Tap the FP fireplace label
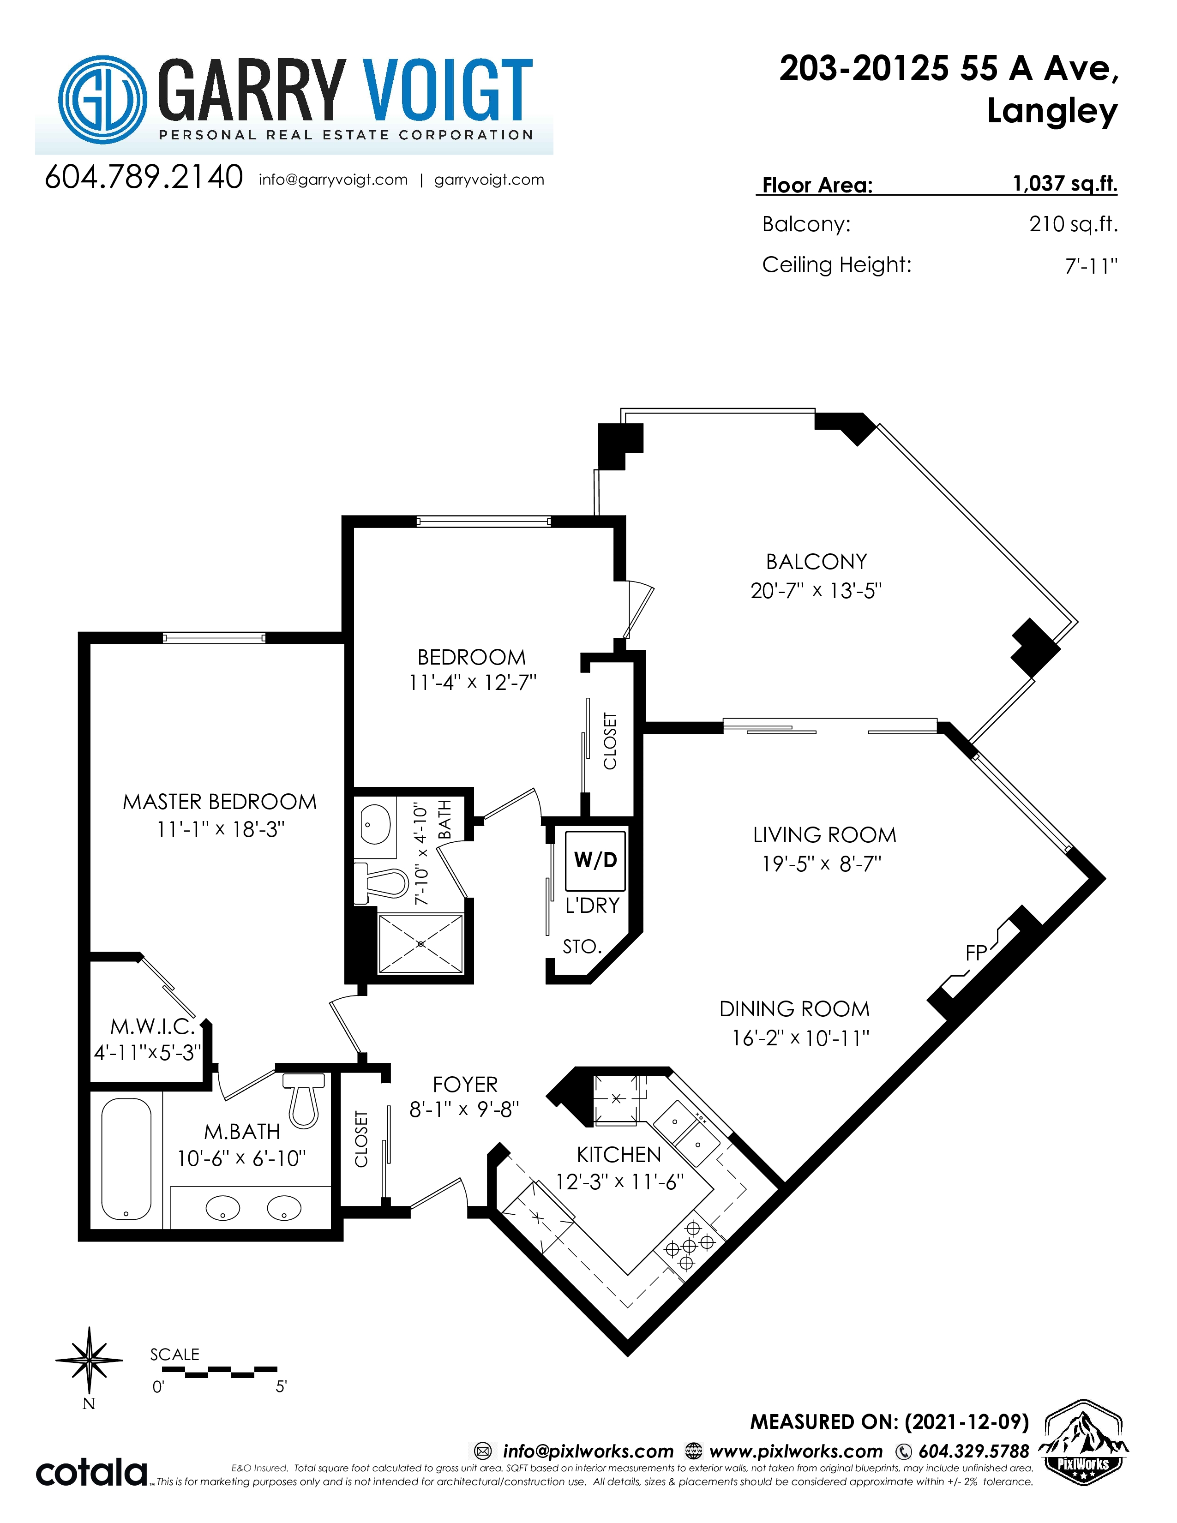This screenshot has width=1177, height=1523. pos(976,953)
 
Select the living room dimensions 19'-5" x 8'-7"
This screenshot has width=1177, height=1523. pos(822,863)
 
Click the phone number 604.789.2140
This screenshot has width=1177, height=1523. pos(144,177)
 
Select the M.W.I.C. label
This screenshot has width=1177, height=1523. pos(153,1026)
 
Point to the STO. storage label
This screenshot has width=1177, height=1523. pos(582,946)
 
